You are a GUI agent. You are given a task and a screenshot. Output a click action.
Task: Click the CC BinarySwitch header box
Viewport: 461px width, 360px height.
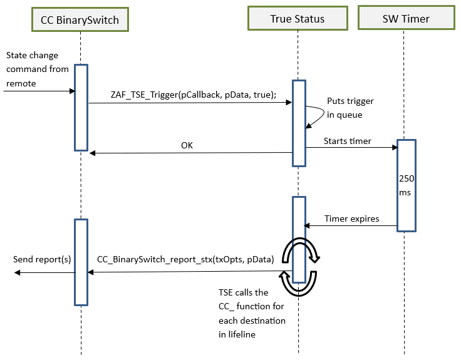click(80, 20)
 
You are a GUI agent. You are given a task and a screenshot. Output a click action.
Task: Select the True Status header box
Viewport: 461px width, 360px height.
click(298, 19)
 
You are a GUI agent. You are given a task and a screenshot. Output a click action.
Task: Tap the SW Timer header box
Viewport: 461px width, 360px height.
click(405, 19)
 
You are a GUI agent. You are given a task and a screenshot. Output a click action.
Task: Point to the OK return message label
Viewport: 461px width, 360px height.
click(187, 145)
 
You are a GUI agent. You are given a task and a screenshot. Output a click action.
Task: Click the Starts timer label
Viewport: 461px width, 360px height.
click(347, 141)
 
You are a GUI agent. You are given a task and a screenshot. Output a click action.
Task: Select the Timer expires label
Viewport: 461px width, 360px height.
click(351, 219)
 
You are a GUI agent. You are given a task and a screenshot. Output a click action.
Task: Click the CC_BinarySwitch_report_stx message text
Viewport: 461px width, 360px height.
click(185, 259)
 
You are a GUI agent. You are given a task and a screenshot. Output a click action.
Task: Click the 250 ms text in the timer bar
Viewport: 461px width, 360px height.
click(405, 185)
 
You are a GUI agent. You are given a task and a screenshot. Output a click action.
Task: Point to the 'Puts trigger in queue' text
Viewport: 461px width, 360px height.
click(350, 107)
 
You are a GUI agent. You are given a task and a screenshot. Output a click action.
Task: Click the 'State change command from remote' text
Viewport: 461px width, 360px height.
click(37, 69)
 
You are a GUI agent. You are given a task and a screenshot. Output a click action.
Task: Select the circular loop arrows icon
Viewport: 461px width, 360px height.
click(299, 267)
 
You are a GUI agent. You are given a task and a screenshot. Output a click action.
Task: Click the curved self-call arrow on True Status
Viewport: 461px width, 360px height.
click(313, 116)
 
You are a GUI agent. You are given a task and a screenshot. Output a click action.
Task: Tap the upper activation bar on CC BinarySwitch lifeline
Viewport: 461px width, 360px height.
click(81, 107)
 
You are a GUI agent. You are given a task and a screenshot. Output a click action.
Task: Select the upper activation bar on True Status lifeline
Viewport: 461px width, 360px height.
click(299, 123)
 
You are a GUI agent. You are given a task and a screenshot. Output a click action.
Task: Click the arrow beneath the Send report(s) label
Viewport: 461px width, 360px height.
click(44, 272)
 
